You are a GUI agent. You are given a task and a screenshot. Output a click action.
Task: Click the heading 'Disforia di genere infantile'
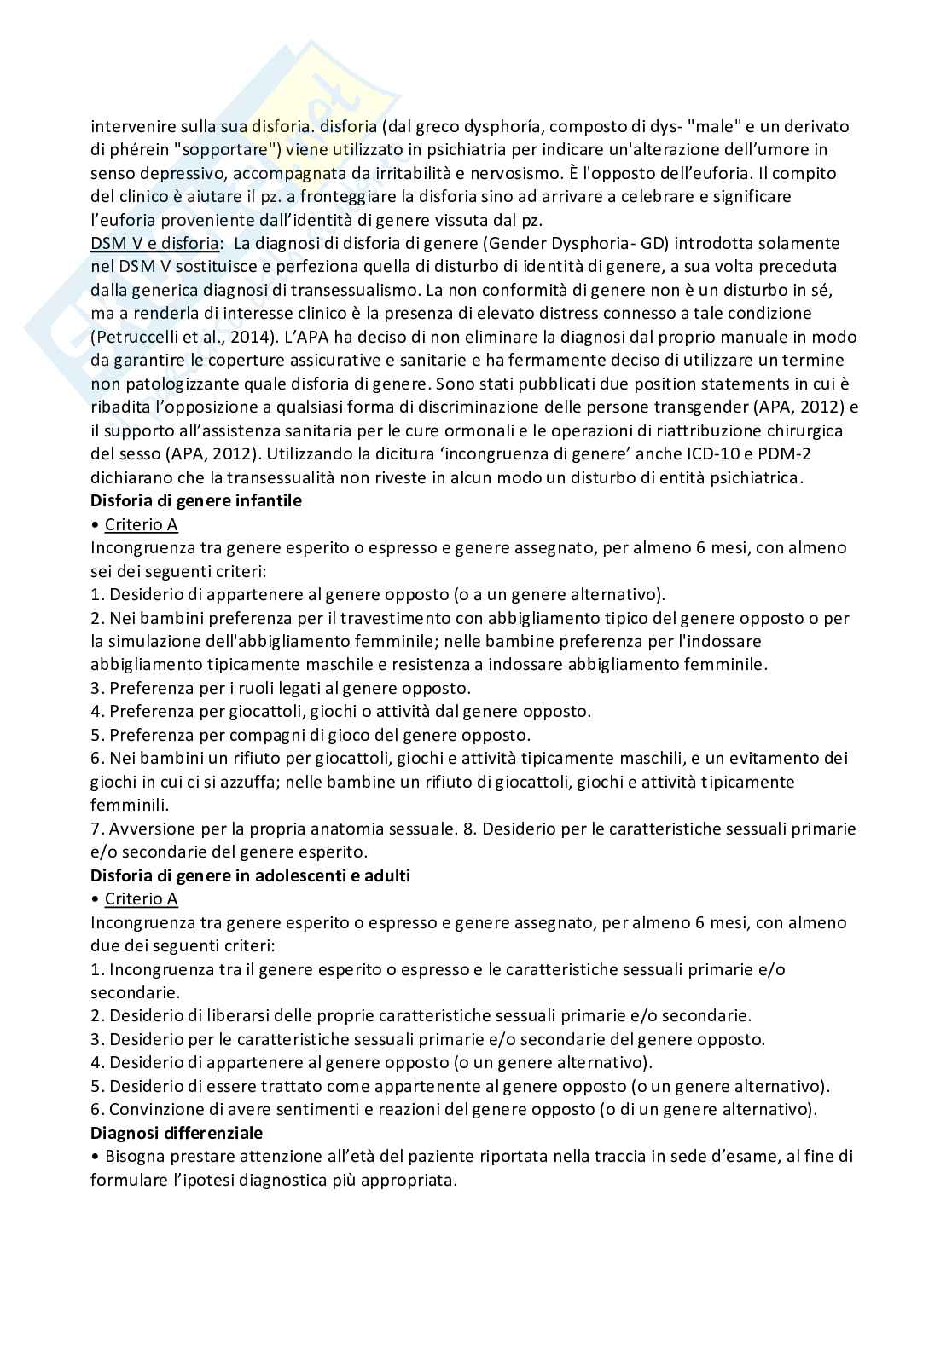coord(195,501)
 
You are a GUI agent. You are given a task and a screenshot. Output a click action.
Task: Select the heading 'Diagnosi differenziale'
coord(177,1133)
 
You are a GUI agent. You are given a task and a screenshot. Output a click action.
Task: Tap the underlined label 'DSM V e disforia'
coord(154,244)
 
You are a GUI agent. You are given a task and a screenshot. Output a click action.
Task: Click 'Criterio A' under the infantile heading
coord(141,524)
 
